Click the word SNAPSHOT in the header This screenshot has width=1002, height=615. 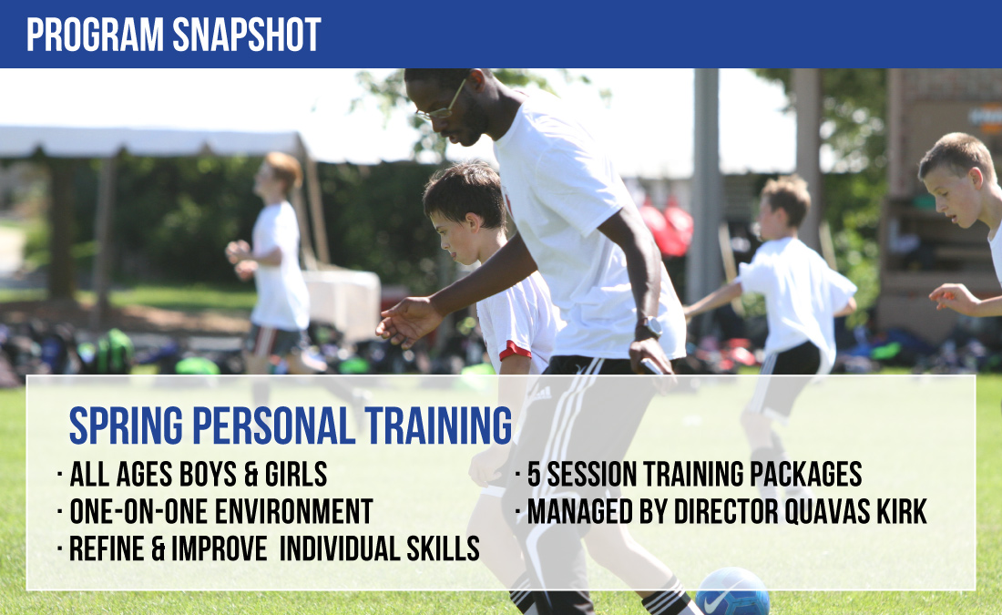[247, 35]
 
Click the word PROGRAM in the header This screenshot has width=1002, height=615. [96, 35]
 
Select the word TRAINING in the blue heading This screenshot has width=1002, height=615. [438, 425]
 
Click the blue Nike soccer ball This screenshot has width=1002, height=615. [732, 592]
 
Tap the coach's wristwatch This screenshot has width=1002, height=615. [649, 327]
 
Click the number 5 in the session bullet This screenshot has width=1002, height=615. [534, 475]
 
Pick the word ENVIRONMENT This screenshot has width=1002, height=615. [294, 511]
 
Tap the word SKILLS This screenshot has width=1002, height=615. [443, 548]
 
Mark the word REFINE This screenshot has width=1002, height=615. [107, 548]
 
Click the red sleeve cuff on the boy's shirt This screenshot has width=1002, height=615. [515, 351]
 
